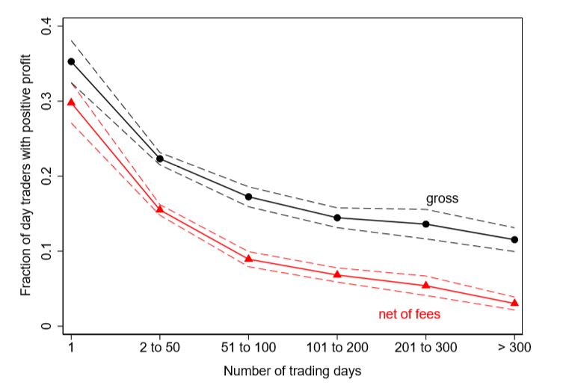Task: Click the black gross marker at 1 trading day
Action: click(x=72, y=62)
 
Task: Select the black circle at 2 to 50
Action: click(x=160, y=158)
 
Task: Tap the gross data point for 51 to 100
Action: click(x=248, y=197)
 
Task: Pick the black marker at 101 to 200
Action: click(x=337, y=218)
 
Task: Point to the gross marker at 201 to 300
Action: click(x=425, y=224)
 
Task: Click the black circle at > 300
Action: click(x=514, y=240)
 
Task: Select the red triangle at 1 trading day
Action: click(x=72, y=102)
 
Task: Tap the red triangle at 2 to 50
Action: click(x=160, y=209)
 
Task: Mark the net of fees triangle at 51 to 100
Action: click(x=248, y=259)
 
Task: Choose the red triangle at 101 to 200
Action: click(x=337, y=274)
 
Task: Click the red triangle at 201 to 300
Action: click(x=425, y=285)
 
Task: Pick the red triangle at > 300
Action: click(x=514, y=302)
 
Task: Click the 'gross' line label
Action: click(x=442, y=199)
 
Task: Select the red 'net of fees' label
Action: click(x=409, y=315)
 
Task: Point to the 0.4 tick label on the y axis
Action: click(x=46, y=27)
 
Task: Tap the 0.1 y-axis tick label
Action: click(x=46, y=251)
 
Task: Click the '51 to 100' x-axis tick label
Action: click(x=248, y=348)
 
